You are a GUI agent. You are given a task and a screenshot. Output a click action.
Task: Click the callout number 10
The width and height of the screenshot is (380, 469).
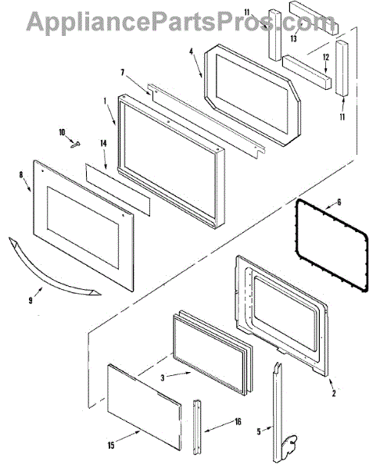(x=62, y=132)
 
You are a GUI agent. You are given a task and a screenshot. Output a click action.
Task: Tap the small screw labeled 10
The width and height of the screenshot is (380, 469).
(x=75, y=145)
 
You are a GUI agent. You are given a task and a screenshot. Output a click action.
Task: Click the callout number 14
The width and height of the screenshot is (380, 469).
(x=103, y=144)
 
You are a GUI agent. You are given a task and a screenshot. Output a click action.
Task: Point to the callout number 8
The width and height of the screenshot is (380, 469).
(x=22, y=174)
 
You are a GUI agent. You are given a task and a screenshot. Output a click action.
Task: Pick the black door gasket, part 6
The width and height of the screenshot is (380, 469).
(x=332, y=245)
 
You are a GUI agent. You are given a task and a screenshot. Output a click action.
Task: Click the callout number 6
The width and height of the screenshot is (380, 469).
(x=339, y=202)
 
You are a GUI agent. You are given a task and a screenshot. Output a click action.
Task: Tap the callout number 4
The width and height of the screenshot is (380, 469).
(x=192, y=52)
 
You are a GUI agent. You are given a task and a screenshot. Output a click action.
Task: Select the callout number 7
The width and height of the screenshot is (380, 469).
(x=123, y=73)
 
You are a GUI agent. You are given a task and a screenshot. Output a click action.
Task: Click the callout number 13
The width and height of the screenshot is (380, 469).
(x=293, y=38)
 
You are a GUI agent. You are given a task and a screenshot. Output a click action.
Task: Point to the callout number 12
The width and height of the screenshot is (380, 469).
(x=326, y=57)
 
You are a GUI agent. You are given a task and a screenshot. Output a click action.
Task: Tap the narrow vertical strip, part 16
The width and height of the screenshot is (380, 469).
(x=197, y=427)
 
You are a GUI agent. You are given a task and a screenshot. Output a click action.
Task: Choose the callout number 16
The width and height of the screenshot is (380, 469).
(x=238, y=421)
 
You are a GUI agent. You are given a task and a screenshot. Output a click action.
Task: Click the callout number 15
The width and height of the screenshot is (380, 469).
(x=111, y=446)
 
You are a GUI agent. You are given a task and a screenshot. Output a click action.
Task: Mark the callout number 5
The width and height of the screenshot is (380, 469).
(x=259, y=431)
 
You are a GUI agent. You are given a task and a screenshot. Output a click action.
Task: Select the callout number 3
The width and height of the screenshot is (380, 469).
(x=163, y=378)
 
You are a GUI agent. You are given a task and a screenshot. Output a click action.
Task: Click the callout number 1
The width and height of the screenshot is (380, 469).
(x=105, y=102)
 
